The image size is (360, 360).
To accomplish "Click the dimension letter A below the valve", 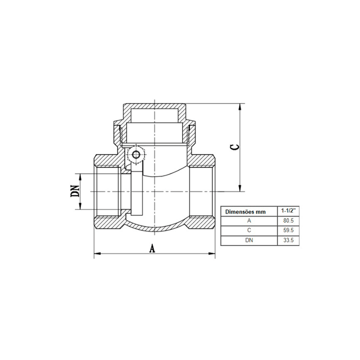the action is click(x=152, y=248).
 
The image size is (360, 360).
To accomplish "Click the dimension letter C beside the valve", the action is click(x=235, y=147).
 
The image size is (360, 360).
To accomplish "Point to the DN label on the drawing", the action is click(x=75, y=191).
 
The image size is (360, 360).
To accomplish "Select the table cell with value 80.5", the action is click(x=288, y=220).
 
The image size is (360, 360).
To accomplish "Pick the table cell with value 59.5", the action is click(x=288, y=230).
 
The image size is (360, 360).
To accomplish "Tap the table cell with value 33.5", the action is click(x=288, y=240).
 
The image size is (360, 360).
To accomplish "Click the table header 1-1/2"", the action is click(x=288, y=211).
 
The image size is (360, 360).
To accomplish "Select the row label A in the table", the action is click(x=249, y=221).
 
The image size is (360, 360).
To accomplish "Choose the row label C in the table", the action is click(x=249, y=230).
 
